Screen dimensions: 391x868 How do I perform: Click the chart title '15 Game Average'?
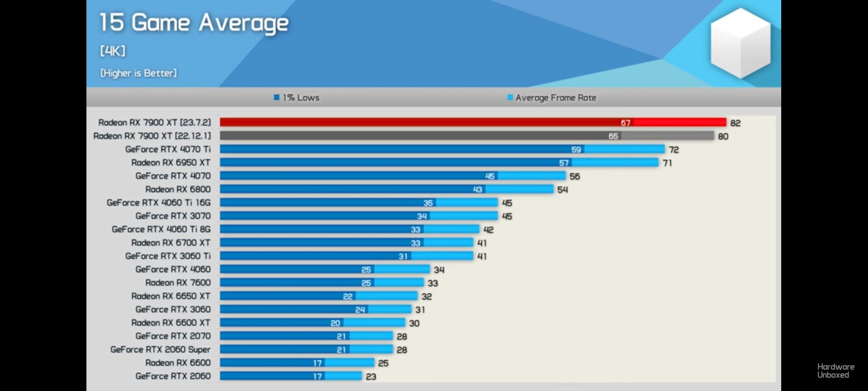point(193,23)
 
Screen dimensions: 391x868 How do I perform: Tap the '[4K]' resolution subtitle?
point(113,51)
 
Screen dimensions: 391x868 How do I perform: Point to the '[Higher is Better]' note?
point(138,73)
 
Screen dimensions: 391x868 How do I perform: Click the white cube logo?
point(740,43)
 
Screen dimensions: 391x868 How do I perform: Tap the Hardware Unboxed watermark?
point(835,371)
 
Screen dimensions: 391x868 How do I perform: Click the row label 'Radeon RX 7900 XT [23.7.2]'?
point(155,123)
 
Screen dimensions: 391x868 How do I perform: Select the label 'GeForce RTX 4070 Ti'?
point(168,149)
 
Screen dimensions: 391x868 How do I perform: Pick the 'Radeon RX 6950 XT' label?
point(171,162)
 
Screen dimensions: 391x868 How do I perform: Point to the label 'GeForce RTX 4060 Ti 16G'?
point(159,203)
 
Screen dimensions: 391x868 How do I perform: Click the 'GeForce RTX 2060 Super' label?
point(160,349)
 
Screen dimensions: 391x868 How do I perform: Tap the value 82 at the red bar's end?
point(735,123)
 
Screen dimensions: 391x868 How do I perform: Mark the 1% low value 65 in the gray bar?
point(613,136)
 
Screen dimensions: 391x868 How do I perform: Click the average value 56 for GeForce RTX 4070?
point(575,176)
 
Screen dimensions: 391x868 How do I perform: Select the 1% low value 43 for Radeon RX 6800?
point(477,190)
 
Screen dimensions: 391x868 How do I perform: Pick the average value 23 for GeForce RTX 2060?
point(371,377)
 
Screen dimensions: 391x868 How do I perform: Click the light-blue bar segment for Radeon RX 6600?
point(349,363)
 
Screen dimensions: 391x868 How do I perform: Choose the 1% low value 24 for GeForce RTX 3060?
point(360,310)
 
